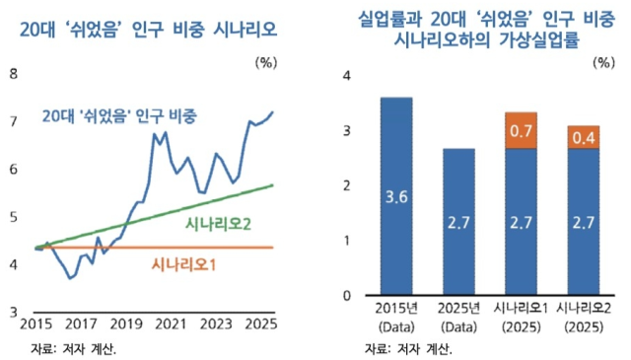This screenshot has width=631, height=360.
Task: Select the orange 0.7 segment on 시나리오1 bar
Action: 522,130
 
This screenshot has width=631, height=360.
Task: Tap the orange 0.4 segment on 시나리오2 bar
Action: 584,137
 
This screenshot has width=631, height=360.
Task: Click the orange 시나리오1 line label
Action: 184,264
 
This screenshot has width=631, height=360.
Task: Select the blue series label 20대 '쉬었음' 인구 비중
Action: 119,115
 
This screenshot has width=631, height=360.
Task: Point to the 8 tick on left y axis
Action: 12,73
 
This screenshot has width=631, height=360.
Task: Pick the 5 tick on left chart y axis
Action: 12,216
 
